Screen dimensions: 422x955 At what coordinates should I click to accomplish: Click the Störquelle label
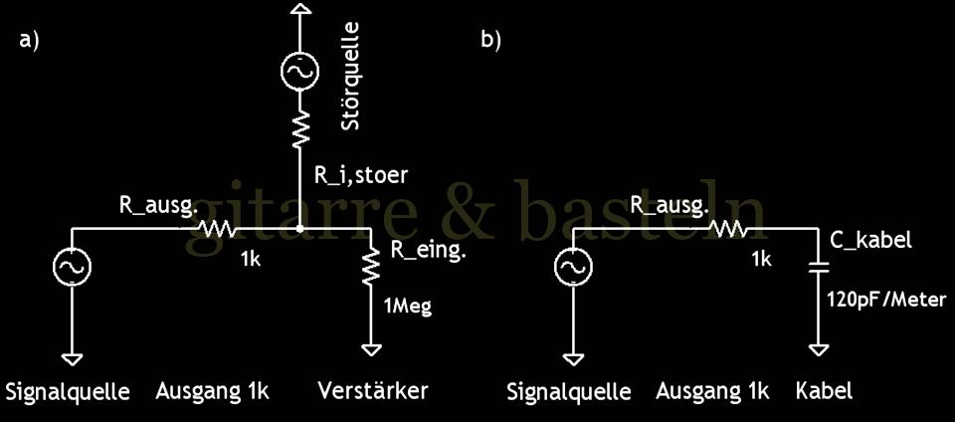(x=350, y=79)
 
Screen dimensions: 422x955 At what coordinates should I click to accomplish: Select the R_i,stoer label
(x=362, y=176)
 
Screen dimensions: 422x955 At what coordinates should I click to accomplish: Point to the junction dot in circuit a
(x=299, y=229)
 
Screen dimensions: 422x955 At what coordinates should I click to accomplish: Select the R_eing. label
(x=429, y=249)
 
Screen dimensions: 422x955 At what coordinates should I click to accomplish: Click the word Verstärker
(x=372, y=390)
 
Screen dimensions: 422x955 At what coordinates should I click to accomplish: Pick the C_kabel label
(x=870, y=241)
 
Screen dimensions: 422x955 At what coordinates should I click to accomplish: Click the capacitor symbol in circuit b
(x=818, y=268)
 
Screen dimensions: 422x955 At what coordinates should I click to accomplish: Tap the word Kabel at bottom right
(x=824, y=390)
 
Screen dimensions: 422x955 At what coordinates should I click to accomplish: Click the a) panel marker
(x=28, y=42)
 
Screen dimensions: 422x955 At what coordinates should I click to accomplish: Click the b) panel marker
(x=490, y=42)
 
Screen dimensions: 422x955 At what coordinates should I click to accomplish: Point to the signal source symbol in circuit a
(x=72, y=267)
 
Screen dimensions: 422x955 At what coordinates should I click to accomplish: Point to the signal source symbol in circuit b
(x=573, y=267)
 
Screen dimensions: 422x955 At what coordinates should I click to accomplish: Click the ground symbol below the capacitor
(x=818, y=347)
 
